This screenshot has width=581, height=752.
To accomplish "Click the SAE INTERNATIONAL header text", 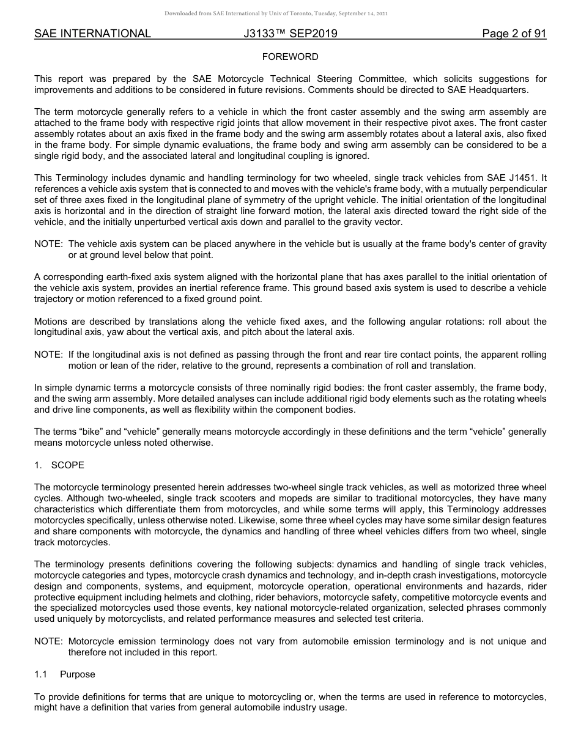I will (x=92, y=34).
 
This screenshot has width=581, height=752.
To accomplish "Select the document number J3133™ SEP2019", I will (x=290, y=34).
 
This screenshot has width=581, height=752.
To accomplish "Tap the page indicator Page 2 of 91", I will (x=514, y=34).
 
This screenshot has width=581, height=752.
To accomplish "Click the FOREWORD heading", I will (x=290, y=57).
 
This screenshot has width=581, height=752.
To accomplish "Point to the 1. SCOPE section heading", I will (x=59, y=465).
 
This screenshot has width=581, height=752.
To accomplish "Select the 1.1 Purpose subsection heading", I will (x=65, y=674).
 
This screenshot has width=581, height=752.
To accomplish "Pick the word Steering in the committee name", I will (x=336, y=79).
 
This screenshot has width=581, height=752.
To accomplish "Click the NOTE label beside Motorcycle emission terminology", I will (x=48, y=641).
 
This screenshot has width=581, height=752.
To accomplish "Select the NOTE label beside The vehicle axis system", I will (x=48, y=244).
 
